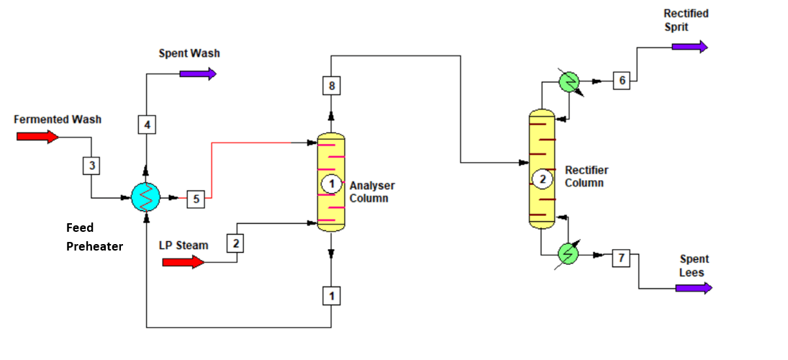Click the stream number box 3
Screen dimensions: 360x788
pyautogui.click(x=91, y=166)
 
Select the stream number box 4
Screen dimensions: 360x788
pyautogui.click(x=147, y=125)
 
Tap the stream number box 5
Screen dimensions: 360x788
pyautogui.click(x=196, y=198)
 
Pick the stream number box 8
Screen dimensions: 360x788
pyautogui.click(x=331, y=86)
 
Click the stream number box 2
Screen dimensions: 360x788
pyautogui.click(x=236, y=243)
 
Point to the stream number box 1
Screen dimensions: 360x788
pyautogui.click(x=331, y=295)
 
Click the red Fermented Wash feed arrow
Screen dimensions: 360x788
pyautogui.click(x=42, y=136)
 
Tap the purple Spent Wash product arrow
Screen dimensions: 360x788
pyautogui.click(x=198, y=73)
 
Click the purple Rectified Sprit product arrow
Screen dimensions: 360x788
pyautogui.click(x=689, y=47)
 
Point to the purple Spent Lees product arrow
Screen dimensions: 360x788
pyautogui.click(x=694, y=288)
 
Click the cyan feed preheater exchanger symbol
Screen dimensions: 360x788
pyautogui.click(x=146, y=196)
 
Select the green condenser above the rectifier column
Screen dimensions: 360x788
pyautogui.click(x=570, y=82)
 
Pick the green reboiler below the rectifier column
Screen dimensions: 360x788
pyautogui.click(x=570, y=254)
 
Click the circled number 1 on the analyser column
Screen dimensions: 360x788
pyautogui.click(x=331, y=184)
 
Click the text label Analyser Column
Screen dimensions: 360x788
pyautogui.click(x=371, y=192)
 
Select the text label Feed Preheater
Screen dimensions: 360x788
pyautogui.click(x=94, y=237)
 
